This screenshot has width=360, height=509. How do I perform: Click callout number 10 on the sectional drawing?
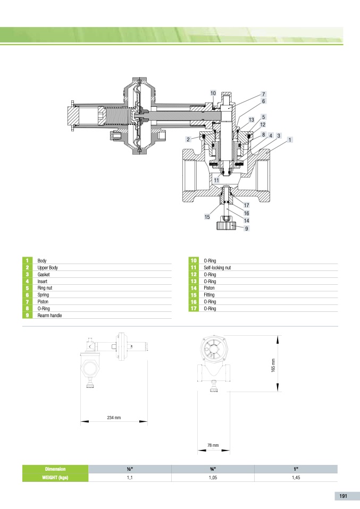pyautogui.click(x=213, y=93)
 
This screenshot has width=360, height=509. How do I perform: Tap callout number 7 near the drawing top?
pyautogui.click(x=264, y=94)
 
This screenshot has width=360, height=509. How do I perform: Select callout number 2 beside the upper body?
pyautogui.click(x=188, y=139)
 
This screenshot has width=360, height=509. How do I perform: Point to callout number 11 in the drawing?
pyautogui.click(x=216, y=180)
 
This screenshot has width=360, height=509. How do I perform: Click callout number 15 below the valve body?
pyautogui.click(x=207, y=217)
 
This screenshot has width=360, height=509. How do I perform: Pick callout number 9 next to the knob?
pyautogui.click(x=247, y=228)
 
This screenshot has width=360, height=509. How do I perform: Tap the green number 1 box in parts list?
pyautogui.click(x=27, y=260)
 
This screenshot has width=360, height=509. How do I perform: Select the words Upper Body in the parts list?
pyautogui.click(x=47, y=267)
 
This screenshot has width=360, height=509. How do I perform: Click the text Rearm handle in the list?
pyautogui.click(x=49, y=315)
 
